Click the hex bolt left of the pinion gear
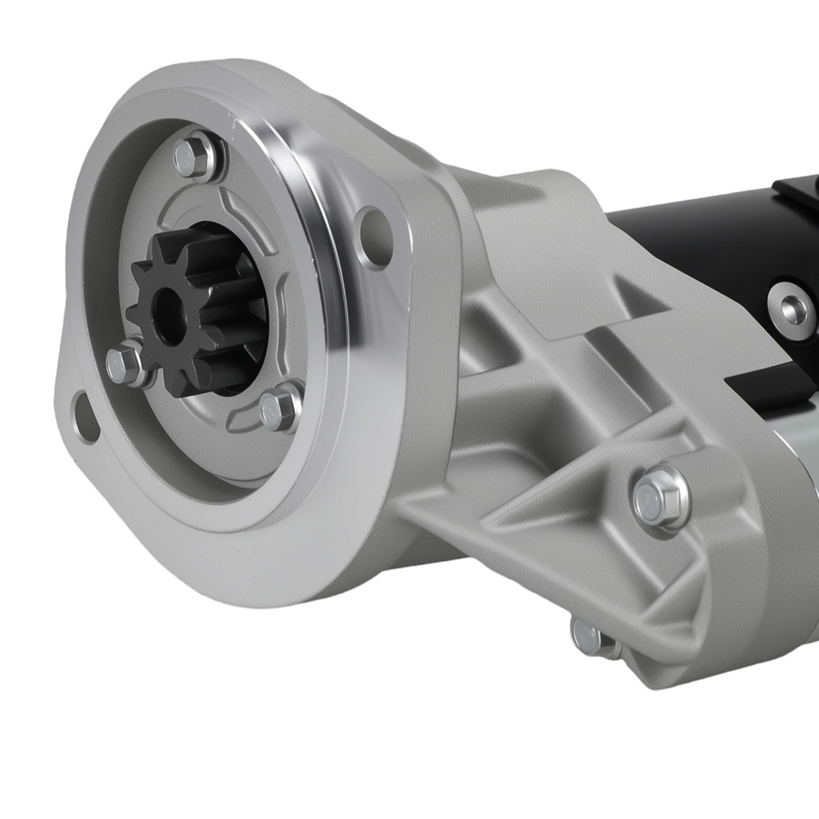tap(125, 363)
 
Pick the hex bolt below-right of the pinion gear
tap(279, 410)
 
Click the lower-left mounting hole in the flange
tap(84, 411)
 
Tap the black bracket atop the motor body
tap(799, 192)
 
